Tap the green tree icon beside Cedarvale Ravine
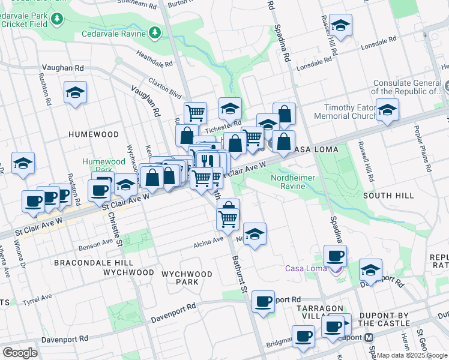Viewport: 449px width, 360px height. click(155, 31)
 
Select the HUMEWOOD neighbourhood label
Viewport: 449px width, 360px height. click(93, 134)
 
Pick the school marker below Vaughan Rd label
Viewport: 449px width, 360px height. click(76, 93)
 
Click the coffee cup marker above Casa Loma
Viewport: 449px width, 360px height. click(335, 256)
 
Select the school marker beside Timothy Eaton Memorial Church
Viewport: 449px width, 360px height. click(387, 110)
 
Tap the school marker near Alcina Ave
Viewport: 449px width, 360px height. click(255, 234)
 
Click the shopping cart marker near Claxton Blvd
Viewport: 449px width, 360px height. click(195, 112)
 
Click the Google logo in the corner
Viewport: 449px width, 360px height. click(20, 352)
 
